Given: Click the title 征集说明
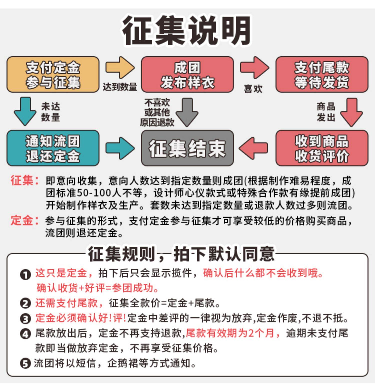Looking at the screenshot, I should pyautogui.click(x=187, y=31).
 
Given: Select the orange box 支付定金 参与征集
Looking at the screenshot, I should pyautogui.click(x=53, y=75).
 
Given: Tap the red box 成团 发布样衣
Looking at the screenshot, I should pyautogui.click(x=187, y=75).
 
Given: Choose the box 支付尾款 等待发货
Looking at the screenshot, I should pyautogui.click(x=322, y=75).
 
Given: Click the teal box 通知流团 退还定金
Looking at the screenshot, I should pyautogui.click(x=53, y=148).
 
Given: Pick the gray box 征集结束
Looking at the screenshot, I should pyautogui.click(x=187, y=148).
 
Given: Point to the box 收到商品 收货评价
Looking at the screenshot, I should pyautogui.click(x=322, y=148).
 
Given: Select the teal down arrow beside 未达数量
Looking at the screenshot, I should pyautogui.click(x=25, y=111).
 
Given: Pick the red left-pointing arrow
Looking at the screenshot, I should pyautogui.click(x=253, y=148).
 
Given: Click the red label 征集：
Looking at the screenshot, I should pyautogui.click(x=24, y=180).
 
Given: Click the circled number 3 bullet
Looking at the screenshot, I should pyautogui.click(x=25, y=319).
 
